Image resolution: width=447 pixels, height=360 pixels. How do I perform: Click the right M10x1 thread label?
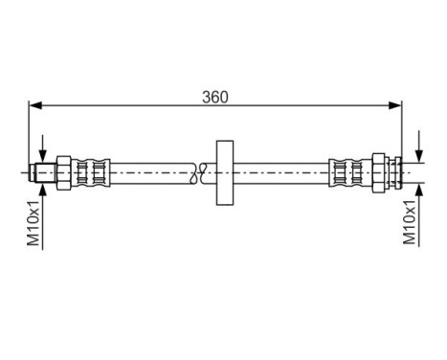pyautogui.click(x=413, y=225)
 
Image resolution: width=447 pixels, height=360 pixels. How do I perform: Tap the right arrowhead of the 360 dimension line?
pyautogui.click(x=396, y=104)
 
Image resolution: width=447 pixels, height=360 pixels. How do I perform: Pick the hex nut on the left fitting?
pyautogui.click(x=63, y=172)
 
